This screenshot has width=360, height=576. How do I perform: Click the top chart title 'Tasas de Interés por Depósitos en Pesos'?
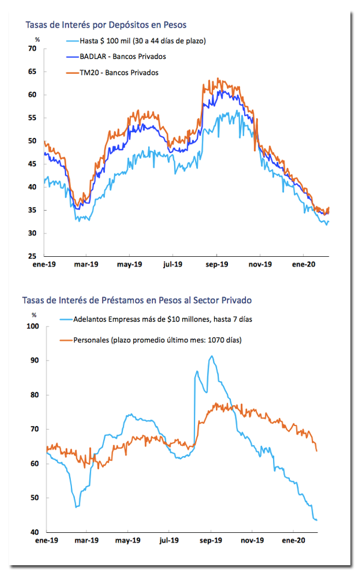pyautogui.click(x=106, y=25)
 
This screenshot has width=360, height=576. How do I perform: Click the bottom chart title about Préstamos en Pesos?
pyautogui.click(x=137, y=301)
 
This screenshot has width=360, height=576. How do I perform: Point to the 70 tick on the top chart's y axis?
pyautogui.click(x=32, y=49)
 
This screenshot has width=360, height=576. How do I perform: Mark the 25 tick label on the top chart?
pyautogui.click(x=32, y=256)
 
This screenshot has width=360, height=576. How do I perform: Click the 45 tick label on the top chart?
pyautogui.click(x=32, y=164)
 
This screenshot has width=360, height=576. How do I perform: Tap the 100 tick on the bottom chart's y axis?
pyautogui.click(x=32, y=326)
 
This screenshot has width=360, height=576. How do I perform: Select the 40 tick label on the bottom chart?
pyautogui.click(x=35, y=532)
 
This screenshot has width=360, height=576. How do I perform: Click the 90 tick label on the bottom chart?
pyautogui.click(x=35, y=361)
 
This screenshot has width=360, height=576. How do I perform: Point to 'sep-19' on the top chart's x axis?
pyautogui.click(x=217, y=265)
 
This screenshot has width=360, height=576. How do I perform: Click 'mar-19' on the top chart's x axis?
pyautogui.click(x=86, y=265)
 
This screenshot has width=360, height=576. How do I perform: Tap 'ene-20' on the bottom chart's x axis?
pyautogui.click(x=293, y=541)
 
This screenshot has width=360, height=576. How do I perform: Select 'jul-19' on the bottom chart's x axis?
pyautogui.click(x=169, y=541)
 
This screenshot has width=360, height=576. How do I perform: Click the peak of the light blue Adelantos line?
pyautogui.click(x=211, y=356)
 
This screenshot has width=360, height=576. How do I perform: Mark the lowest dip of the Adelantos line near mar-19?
pyautogui.click(x=76, y=507)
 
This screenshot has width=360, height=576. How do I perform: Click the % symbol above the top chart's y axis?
pyautogui.click(x=37, y=40)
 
